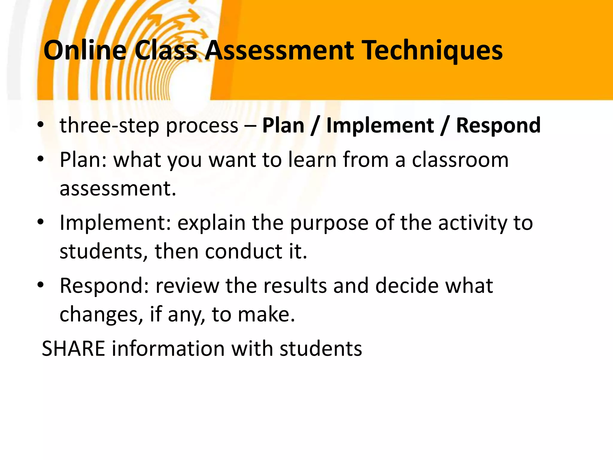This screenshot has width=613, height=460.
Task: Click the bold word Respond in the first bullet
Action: (x=498, y=125)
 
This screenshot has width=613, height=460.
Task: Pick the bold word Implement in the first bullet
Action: (x=380, y=125)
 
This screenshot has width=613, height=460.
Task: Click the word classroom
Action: (x=460, y=159)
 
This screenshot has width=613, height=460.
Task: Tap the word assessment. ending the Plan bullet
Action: (x=118, y=188)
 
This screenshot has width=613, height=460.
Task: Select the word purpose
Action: (x=329, y=223)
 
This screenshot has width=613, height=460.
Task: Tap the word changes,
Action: (x=101, y=314)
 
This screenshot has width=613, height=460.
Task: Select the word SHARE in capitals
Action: (x=74, y=349)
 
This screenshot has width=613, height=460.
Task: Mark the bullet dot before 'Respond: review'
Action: (x=41, y=285)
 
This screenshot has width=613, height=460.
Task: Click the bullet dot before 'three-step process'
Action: (x=41, y=125)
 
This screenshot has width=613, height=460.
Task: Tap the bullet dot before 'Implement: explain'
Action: (x=41, y=222)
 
